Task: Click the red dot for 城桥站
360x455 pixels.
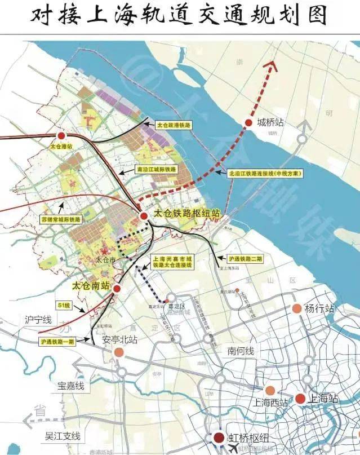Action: click(x=248, y=122)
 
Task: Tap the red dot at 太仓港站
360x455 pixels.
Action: click(x=61, y=135)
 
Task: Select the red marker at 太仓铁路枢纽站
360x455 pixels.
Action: click(x=145, y=216)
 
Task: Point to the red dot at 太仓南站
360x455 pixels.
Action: click(x=117, y=288)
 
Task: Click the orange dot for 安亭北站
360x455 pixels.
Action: click(x=119, y=352)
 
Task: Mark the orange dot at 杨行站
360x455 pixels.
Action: click(x=296, y=308)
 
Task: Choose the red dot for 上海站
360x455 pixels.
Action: click(x=300, y=399)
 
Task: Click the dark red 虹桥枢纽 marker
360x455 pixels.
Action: click(x=218, y=438)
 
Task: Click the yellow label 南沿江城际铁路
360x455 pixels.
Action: click(x=157, y=169)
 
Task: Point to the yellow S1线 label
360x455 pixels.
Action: click(x=65, y=304)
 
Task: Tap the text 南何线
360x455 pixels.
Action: click(x=241, y=351)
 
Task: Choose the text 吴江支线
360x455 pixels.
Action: click(x=63, y=436)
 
